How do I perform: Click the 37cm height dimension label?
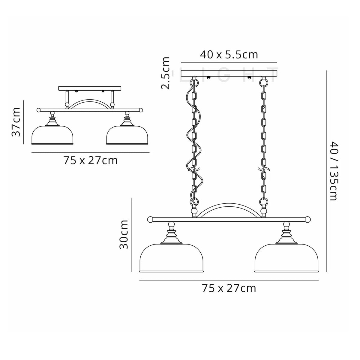pos(16,122)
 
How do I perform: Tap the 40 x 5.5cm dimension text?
pos(229,55)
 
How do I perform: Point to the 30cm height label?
pos(124,235)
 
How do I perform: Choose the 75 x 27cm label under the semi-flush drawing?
pos(91,160)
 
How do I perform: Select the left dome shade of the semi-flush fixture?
pos(53,135)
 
